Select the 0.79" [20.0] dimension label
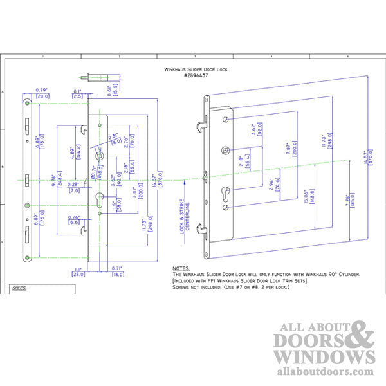tap(42, 93)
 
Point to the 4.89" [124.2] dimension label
tap(74, 152)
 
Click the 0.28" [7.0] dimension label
tap(74, 188)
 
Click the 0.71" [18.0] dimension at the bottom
tap(117, 271)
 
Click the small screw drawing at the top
tap(90, 78)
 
